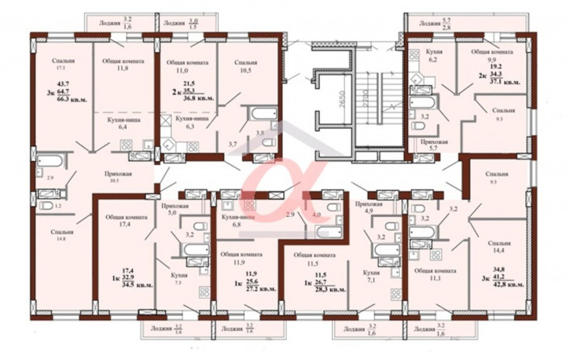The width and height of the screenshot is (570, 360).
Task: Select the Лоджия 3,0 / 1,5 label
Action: tap(180, 24)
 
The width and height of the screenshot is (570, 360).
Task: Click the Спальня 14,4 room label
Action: tap(498, 248)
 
